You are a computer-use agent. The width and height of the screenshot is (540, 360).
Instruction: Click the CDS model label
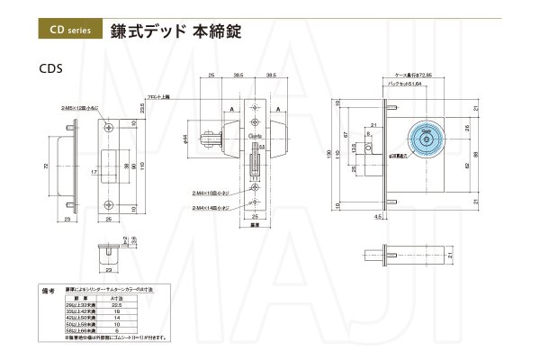(50, 67)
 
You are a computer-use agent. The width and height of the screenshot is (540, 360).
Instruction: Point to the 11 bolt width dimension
(255, 179)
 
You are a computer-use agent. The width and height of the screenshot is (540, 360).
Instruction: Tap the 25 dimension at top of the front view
(210, 76)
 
